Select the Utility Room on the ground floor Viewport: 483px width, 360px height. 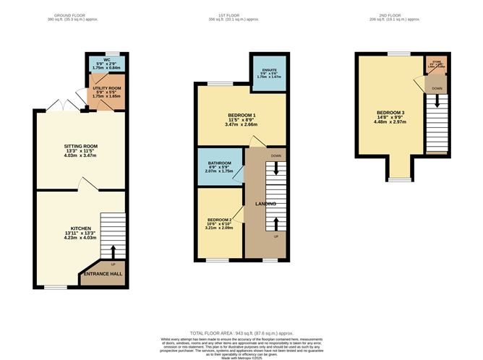point(106,93)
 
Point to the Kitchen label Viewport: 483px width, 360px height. point(80,230)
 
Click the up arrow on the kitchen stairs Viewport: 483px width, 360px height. point(112,251)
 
